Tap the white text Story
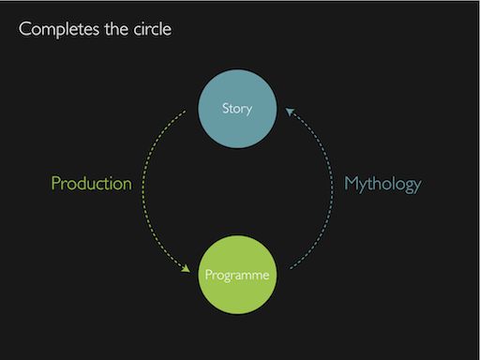238,109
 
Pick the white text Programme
238,276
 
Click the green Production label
91,184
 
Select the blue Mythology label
382,184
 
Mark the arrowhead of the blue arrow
289,112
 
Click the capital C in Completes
25,29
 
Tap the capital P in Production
55,184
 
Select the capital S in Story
225,109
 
